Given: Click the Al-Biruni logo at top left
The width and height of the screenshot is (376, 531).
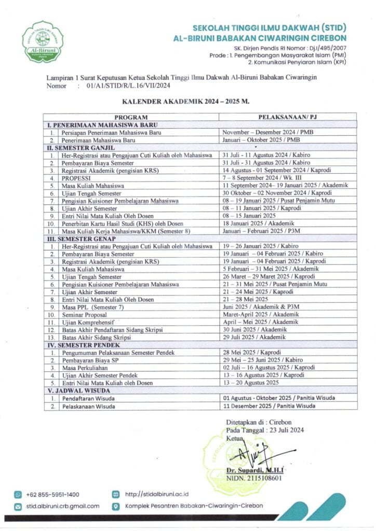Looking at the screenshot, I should pyautogui.click(x=43, y=41).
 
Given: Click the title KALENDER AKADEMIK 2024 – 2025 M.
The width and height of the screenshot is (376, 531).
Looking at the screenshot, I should pyautogui.click(x=186, y=103).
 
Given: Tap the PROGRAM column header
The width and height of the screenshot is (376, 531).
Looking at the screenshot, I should pyautogui.click(x=131, y=117).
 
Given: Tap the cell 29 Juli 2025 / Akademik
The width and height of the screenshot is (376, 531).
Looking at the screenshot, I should pyautogui.click(x=251, y=337).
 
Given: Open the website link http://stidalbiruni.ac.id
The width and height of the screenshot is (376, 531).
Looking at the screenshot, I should pyautogui.click(x=156, y=495).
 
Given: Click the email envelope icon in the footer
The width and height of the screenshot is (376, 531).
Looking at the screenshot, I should pyautogui.click(x=18, y=506).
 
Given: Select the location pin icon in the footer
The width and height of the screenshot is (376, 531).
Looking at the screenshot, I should pyautogui.click(x=115, y=506).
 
